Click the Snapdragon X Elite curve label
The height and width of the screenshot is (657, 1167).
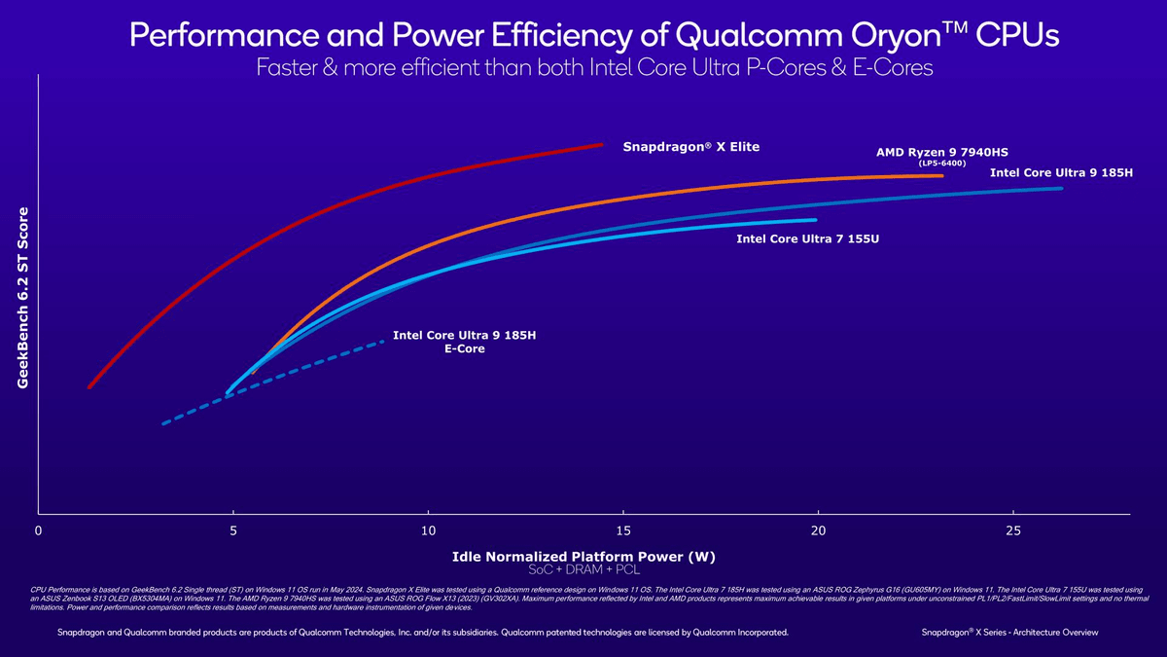[690, 147]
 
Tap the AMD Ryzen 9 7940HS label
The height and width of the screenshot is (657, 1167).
[941, 153]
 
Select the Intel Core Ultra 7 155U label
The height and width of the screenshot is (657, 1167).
[807, 238]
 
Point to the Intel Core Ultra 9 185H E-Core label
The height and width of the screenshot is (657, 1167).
[464, 342]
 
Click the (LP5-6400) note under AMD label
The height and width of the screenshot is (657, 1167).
[941, 164]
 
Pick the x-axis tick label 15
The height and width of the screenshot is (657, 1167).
[622, 530]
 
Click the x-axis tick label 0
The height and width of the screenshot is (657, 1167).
[38, 530]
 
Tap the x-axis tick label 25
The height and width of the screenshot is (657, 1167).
[1013, 530]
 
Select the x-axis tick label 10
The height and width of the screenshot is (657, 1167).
[428, 530]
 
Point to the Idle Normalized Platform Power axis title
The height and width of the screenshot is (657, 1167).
[583, 557]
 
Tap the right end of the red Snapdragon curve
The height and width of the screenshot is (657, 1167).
[602, 145]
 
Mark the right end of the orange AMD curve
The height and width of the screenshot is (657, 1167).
[941, 176]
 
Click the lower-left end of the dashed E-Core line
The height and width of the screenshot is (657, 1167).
[163, 423]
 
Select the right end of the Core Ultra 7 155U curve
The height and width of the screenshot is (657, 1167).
[815, 220]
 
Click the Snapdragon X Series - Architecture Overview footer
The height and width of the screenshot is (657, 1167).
[1009, 633]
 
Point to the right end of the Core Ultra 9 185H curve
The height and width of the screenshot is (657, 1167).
[1060, 188]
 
